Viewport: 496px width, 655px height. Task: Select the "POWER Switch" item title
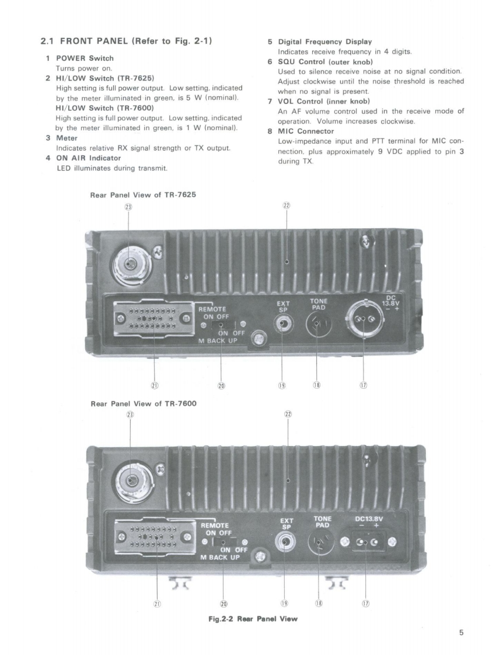point(84,58)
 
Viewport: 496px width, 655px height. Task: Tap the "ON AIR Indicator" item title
point(88,158)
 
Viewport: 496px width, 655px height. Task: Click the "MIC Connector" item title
point(306,131)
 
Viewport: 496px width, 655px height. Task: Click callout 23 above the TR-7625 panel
point(129,206)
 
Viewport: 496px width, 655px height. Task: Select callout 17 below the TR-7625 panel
point(363,385)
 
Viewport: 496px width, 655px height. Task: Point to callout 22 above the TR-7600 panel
point(288,414)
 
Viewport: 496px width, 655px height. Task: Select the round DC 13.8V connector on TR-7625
point(363,319)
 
